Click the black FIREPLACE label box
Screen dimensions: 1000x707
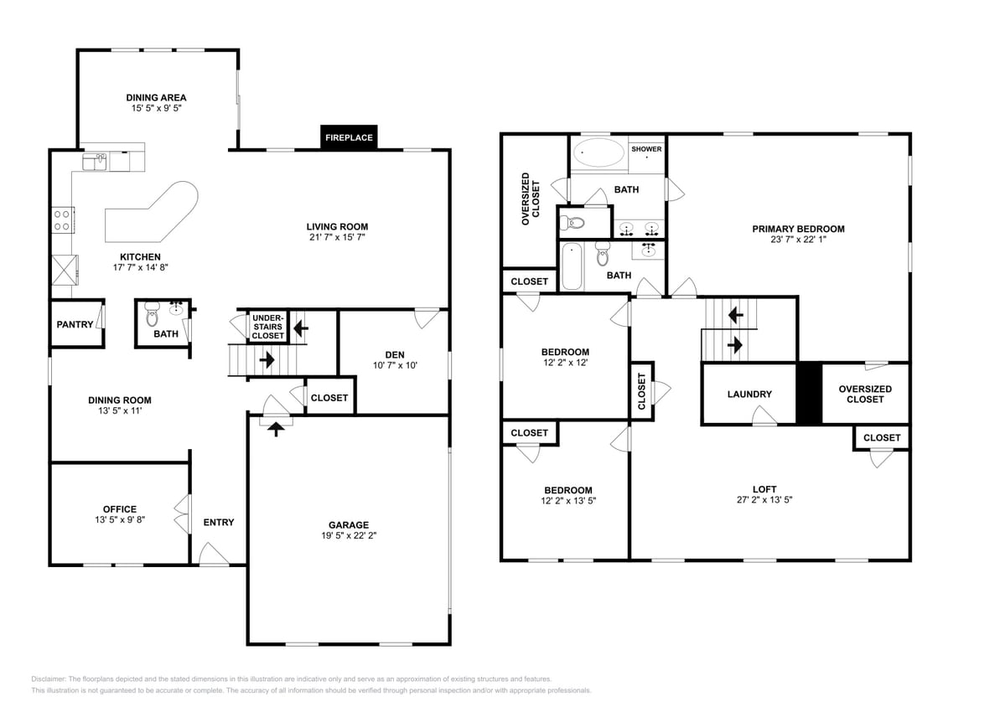(x=349, y=137)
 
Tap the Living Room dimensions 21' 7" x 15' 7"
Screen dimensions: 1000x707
(x=337, y=237)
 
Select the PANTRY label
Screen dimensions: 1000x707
(x=75, y=324)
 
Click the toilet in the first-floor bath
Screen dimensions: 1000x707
(x=152, y=313)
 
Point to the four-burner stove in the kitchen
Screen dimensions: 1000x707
(x=63, y=220)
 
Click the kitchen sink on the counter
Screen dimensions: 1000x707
(x=95, y=162)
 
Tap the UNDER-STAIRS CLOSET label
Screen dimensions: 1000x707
(x=268, y=327)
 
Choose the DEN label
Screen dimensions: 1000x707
(x=395, y=355)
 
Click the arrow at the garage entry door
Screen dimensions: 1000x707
(x=276, y=430)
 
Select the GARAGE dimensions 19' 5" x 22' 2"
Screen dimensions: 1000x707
(x=349, y=535)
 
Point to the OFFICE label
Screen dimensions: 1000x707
(x=120, y=509)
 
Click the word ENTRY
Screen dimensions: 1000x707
(x=219, y=522)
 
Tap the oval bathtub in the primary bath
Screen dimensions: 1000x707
(x=598, y=153)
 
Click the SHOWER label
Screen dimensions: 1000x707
(x=646, y=149)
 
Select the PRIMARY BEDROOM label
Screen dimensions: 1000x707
(x=799, y=229)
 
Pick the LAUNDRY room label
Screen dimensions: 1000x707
(x=749, y=394)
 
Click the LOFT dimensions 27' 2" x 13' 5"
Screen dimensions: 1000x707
(x=764, y=500)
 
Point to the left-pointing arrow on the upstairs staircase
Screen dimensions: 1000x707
(x=735, y=314)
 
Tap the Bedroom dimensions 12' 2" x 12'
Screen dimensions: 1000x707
(x=565, y=363)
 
